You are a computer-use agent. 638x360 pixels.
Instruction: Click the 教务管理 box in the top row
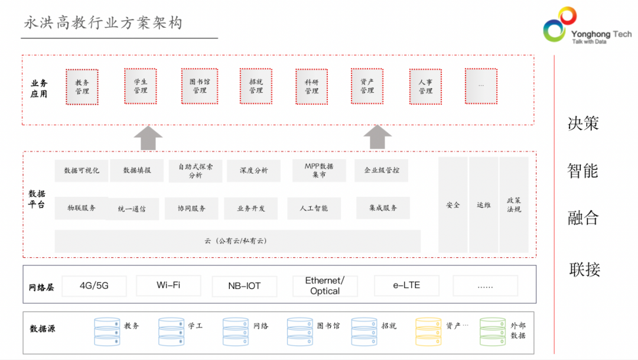click(x=82, y=87)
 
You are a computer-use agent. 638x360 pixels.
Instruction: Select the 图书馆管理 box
click(x=200, y=86)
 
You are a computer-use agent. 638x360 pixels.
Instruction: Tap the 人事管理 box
click(x=425, y=87)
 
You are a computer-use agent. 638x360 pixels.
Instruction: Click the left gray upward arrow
click(x=148, y=138)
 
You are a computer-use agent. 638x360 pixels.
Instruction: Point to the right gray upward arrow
click(x=377, y=137)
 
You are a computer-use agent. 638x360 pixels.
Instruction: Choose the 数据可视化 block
click(x=82, y=170)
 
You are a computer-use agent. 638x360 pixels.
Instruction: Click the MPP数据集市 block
click(x=319, y=170)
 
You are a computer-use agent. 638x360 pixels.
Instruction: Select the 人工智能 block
click(x=314, y=208)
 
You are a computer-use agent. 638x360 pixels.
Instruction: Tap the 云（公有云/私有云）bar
click(x=237, y=241)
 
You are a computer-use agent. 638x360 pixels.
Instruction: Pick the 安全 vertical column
click(x=453, y=205)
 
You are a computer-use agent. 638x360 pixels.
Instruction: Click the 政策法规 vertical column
click(x=514, y=205)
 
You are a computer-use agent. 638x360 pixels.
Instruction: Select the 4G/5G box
click(x=94, y=286)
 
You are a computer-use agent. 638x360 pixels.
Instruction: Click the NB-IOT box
click(x=244, y=286)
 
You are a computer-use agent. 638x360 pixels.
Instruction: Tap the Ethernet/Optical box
click(x=325, y=286)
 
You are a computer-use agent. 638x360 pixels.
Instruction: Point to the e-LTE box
click(x=406, y=286)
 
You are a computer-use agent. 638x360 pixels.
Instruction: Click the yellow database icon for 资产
click(x=428, y=332)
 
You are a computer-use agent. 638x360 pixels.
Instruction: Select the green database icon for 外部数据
click(x=493, y=332)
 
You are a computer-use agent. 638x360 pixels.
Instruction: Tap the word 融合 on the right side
click(x=583, y=218)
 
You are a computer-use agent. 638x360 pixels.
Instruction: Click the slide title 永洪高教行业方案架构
click(x=103, y=23)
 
